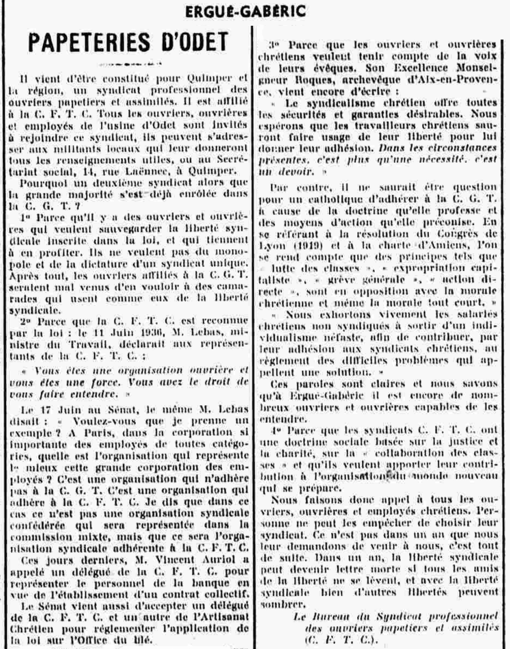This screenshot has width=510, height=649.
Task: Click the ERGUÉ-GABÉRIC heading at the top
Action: pos(245,12)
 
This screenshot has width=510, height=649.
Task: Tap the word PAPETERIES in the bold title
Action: pos(88,42)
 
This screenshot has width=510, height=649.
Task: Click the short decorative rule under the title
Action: pos(130,64)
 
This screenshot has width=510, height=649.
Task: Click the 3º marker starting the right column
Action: pos(274,45)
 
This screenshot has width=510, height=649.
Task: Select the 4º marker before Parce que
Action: pos(276,430)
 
